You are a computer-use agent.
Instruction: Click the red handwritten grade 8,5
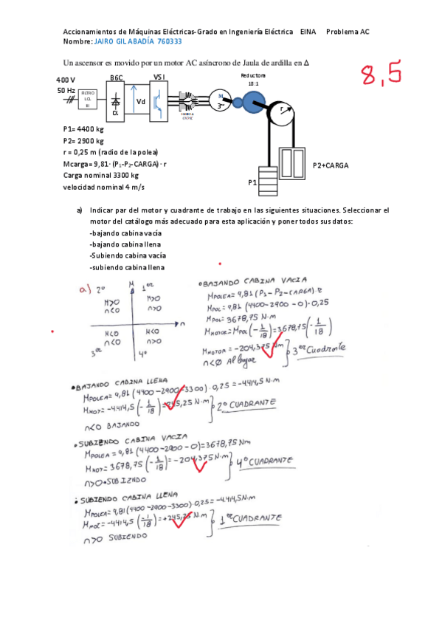click(380, 74)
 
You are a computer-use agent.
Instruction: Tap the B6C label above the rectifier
click(117, 78)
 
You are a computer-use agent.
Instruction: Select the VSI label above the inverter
click(159, 78)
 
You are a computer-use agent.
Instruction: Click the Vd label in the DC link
click(140, 101)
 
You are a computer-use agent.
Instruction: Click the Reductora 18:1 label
click(253, 80)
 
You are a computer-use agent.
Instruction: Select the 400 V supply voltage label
click(65, 79)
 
